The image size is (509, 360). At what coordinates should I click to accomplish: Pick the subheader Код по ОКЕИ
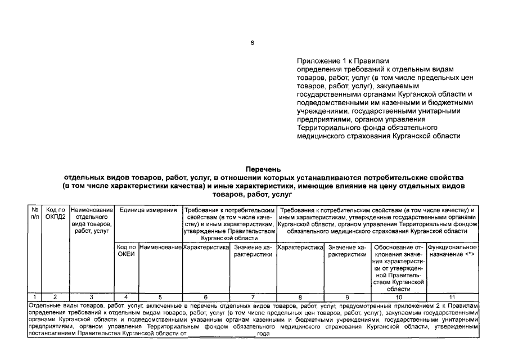point(126,251)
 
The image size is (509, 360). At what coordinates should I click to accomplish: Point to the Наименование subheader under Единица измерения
point(160,247)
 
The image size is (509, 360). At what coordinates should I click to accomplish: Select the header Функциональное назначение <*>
point(452,251)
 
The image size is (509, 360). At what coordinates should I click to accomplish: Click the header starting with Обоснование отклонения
point(399,267)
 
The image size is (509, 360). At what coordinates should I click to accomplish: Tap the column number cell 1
point(35,296)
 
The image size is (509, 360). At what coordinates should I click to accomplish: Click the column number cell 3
point(92,296)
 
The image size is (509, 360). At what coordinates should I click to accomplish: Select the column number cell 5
point(160,296)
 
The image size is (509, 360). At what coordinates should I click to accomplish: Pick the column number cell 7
point(253,296)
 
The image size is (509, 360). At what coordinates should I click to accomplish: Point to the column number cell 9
point(347,296)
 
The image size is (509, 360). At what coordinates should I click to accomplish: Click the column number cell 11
point(452,296)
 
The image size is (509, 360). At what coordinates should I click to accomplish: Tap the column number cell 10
point(399,296)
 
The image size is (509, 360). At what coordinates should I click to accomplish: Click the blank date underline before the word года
point(221,334)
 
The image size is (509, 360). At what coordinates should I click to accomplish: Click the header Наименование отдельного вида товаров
point(92,220)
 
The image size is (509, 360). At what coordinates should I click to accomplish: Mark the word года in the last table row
point(263,334)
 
